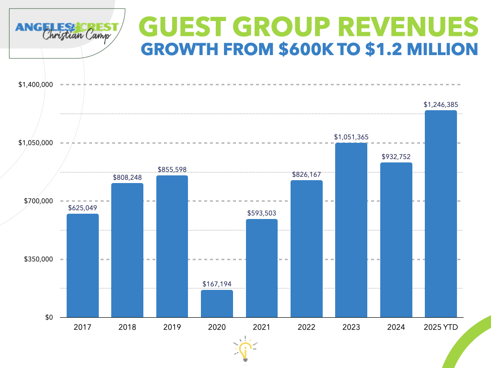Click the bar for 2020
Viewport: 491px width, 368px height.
point(217,303)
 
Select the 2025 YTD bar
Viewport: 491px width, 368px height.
point(441,214)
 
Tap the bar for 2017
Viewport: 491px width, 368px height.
point(82,265)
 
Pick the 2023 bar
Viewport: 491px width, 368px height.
point(351,230)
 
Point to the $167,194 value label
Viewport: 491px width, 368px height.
point(217,284)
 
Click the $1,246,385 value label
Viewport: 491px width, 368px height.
point(441,104)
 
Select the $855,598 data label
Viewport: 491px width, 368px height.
point(172,170)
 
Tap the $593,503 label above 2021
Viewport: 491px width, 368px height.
point(261,213)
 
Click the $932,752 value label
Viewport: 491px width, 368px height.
point(396,157)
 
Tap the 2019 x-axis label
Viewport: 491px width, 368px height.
point(172,327)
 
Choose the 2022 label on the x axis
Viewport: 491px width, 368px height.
point(306,327)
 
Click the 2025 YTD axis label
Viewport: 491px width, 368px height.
point(441,327)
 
